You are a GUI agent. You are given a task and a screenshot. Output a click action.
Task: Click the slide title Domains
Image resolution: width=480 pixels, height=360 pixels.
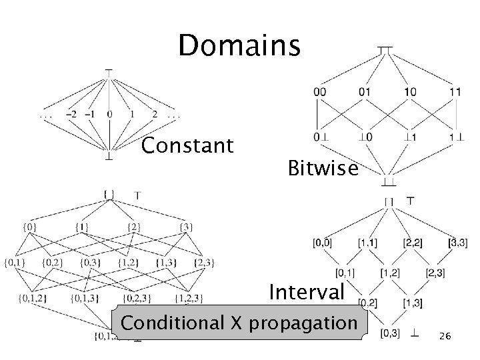(x=239, y=46)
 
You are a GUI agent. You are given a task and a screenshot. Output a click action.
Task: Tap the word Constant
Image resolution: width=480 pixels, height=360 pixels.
(x=188, y=145)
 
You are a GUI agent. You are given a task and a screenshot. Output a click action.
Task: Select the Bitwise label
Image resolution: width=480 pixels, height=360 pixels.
(x=323, y=169)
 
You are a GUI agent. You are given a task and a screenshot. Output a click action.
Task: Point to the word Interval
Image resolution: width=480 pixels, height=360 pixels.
(x=307, y=292)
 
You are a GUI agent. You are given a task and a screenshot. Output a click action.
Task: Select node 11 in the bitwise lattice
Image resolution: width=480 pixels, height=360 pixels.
(x=455, y=92)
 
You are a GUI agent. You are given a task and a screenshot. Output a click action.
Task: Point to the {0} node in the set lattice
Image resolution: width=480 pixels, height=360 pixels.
(x=29, y=227)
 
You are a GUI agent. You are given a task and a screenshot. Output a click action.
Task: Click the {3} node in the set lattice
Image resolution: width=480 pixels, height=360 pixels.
(x=186, y=227)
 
